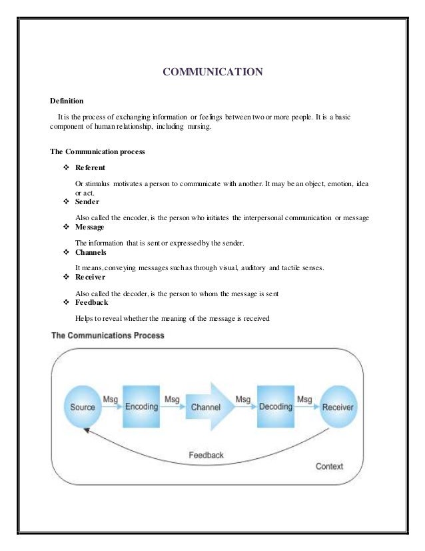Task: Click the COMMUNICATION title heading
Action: (x=213, y=72)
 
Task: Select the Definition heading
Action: (x=67, y=101)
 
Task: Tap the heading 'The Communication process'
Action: (x=97, y=151)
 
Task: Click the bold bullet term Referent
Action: (x=90, y=167)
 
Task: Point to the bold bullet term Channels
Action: (x=91, y=253)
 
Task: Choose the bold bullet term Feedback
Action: (x=92, y=302)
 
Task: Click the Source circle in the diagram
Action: (x=83, y=408)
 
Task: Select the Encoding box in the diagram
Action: (x=141, y=407)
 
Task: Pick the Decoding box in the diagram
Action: (x=276, y=407)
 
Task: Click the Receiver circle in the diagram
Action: (x=338, y=408)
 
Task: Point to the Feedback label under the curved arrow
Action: (x=206, y=455)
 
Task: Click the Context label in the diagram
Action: (x=329, y=466)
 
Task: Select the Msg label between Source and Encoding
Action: (x=111, y=399)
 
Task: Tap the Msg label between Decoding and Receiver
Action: (x=304, y=399)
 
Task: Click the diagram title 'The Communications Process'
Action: (x=108, y=335)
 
